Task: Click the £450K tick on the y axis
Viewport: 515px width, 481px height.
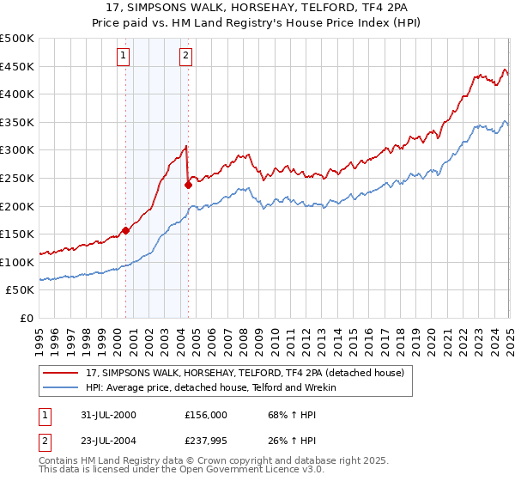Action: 17,66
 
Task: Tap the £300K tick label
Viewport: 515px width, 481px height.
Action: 17,150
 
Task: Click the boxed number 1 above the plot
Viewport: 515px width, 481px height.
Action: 124,57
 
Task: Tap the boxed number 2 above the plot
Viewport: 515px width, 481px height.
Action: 185,57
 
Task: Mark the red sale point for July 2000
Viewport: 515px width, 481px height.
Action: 126,230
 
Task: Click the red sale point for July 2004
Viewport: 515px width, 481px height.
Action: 188,184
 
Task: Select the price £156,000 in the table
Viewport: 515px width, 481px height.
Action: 206,414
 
